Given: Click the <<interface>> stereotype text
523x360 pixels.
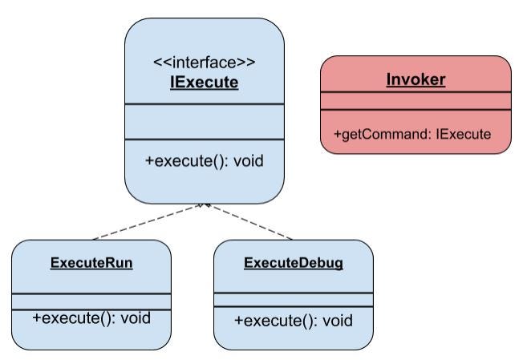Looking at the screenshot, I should coord(205,61).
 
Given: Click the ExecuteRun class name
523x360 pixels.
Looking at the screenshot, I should coord(91,262).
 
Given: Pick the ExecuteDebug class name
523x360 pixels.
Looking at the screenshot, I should coord(293,263).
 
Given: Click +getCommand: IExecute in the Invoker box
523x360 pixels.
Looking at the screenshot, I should coord(412,134).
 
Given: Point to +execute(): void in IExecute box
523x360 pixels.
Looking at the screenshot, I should coord(204,160).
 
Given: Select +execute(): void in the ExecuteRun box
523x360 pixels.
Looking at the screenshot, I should coord(91,318).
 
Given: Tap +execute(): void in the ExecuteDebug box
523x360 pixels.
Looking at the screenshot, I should coord(293,321).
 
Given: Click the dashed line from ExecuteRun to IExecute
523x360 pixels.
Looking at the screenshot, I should coord(148,222).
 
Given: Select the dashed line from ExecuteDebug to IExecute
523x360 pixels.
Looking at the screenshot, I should coord(250,222).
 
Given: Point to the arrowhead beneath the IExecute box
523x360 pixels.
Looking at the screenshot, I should coord(205,205).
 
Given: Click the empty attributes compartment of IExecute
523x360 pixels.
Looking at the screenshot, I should coord(205,121).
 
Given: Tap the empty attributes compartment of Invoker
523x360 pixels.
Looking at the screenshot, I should coord(416,101).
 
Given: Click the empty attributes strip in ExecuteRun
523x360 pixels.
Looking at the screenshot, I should coord(91,301).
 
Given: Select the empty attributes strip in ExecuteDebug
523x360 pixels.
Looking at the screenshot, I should coord(293,299).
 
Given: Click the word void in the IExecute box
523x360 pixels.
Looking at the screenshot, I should coord(247,160).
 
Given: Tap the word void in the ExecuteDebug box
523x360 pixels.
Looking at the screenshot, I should coord(337,321).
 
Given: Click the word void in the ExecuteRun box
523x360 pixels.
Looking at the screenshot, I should coord(135,318).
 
